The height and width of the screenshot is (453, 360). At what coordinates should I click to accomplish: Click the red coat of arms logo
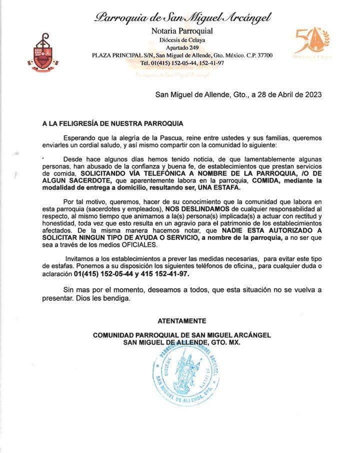click(43, 53)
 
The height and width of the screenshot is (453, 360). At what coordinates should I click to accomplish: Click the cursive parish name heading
click(182, 18)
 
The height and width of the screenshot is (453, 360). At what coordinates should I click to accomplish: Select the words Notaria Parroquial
click(182, 31)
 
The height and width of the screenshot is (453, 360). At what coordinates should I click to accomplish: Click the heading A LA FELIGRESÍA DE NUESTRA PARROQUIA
click(112, 123)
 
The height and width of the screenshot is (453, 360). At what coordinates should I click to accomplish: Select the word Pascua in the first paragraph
click(168, 137)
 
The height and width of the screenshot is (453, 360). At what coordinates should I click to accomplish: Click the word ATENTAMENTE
click(181, 321)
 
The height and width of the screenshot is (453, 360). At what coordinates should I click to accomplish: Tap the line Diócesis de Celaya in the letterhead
click(182, 40)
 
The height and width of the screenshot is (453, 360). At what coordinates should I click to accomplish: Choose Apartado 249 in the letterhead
click(182, 47)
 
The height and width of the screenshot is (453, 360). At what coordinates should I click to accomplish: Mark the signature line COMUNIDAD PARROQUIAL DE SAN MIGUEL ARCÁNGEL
click(181, 335)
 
